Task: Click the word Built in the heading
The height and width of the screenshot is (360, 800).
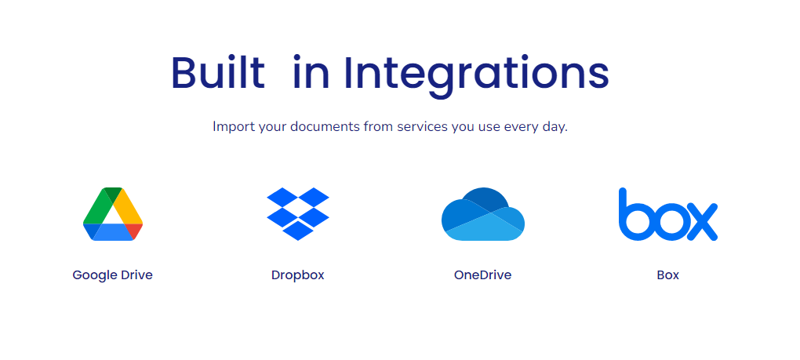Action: coord(218,72)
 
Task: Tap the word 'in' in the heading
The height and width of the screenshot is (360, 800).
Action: coord(311,74)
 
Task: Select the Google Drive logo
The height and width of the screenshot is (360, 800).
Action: coord(113,214)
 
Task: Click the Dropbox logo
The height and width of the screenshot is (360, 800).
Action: coord(298,213)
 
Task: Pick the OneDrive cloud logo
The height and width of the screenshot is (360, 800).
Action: coord(483,214)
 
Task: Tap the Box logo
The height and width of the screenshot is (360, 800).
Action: coord(668,214)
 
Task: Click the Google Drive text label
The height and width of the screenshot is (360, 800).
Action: coord(112,275)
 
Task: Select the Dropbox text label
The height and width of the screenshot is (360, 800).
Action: coord(297,275)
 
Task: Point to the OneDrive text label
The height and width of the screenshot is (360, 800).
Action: coord(482,275)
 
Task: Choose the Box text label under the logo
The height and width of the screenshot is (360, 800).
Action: coord(668,275)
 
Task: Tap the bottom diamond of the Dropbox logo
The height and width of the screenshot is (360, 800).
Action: coord(298,231)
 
